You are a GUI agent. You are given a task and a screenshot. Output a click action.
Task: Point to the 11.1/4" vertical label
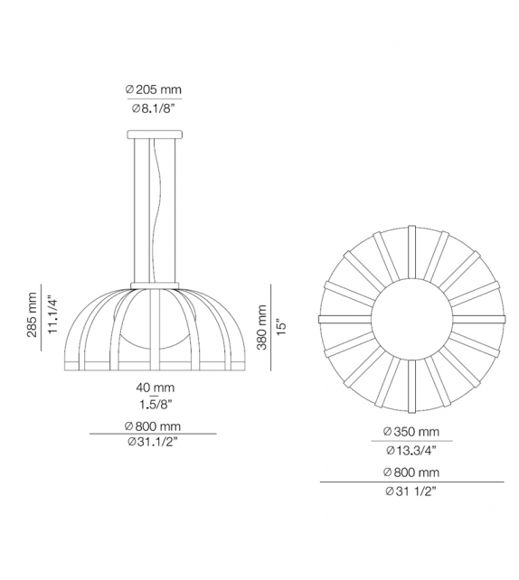52,315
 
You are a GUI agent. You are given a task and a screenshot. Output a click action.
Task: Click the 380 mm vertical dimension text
262,328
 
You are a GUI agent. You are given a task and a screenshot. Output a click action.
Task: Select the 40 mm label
153,387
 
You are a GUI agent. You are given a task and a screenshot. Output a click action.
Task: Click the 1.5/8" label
153,404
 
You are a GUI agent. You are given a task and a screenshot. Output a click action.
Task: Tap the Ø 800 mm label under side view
153,426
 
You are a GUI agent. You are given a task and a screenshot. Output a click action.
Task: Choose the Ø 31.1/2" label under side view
153,443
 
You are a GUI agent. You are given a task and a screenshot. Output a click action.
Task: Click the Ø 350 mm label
411,431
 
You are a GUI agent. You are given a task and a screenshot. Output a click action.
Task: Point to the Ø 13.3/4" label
411,449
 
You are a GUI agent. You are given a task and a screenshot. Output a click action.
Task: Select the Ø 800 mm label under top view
411,472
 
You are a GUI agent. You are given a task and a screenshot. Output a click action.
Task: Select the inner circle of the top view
412,319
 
